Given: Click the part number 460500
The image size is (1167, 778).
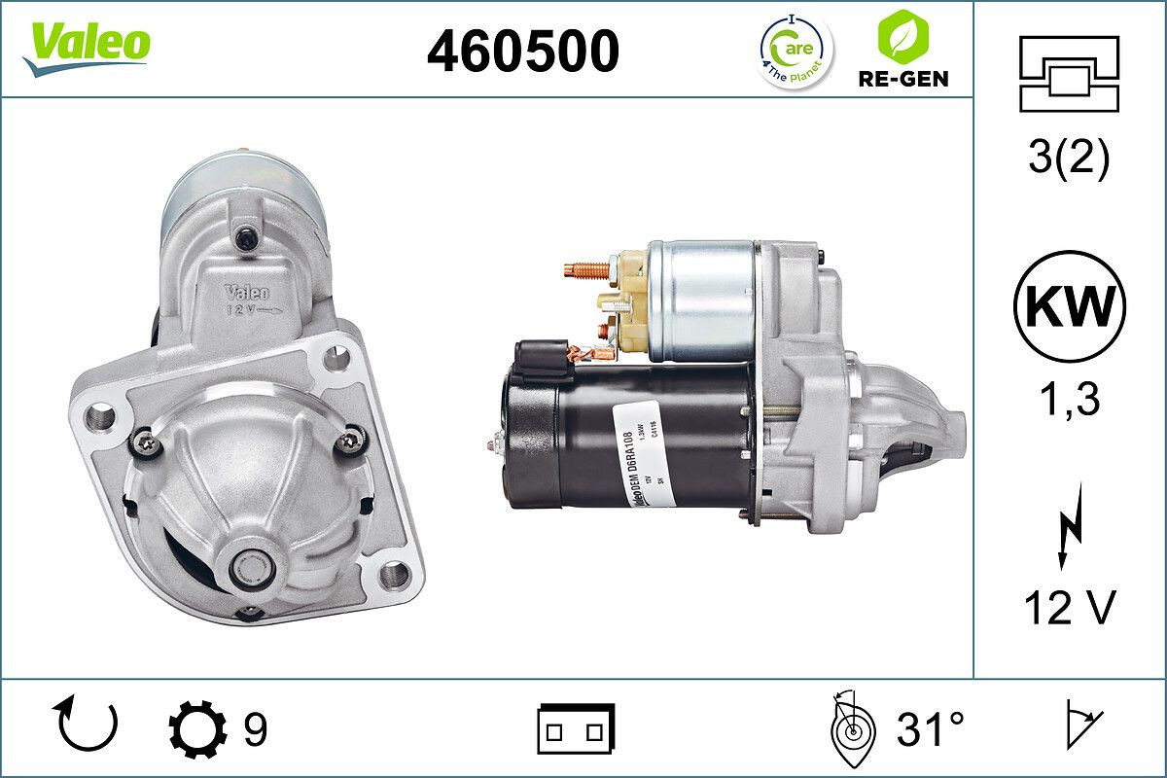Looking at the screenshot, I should click(x=522, y=51).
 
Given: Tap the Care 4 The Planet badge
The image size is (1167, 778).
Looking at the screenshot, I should click(x=795, y=50).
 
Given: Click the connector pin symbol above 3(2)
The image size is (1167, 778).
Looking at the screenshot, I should click(x=1069, y=73).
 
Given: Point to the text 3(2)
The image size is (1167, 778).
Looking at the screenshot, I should click(x=1069, y=159).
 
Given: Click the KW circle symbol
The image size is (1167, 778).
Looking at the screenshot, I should click(x=1069, y=306).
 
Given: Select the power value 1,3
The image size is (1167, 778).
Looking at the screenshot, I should click(x=1069, y=398).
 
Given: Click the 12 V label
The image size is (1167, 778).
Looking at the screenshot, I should click(x=1069, y=609).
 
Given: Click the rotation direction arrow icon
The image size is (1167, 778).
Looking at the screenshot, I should click(x=88, y=725).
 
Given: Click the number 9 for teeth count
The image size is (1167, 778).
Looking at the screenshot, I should click(x=254, y=729).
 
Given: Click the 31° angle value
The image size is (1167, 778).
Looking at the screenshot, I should click(x=930, y=729).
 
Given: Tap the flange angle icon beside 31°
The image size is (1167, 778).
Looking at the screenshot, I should click(x=852, y=728).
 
